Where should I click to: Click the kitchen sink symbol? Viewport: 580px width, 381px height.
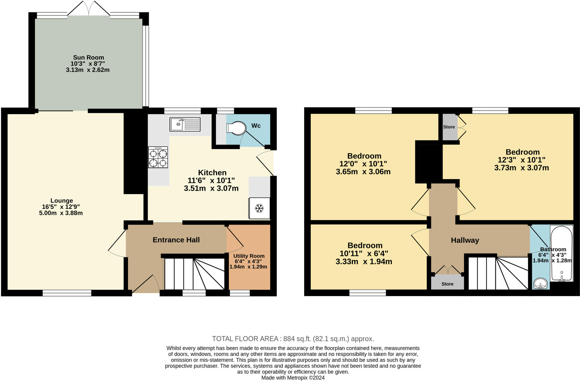(185, 124)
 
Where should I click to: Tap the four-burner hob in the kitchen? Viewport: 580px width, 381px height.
(158, 157)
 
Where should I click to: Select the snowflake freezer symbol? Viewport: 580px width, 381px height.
(259, 208)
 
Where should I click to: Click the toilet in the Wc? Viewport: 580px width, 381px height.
(236, 128)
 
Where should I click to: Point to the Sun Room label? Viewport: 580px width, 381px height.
(88, 58)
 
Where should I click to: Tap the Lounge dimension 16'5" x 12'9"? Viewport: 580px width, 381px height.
(61, 207)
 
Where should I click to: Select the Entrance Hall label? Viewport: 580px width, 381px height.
(176, 240)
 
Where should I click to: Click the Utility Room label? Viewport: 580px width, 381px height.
(249, 256)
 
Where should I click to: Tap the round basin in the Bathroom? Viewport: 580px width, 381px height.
(540, 283)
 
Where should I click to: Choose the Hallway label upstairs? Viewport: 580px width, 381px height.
(465, 240)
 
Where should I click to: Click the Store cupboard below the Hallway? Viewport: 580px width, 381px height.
(447, 284)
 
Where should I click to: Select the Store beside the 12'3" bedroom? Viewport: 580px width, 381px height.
(449, 127)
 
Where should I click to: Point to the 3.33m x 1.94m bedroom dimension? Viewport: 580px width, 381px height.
(364, 261)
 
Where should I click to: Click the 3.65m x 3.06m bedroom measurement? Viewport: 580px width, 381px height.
(363, 172)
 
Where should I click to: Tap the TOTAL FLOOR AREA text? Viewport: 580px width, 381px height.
(293, 339)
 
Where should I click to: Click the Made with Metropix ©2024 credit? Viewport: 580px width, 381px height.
(293, 378)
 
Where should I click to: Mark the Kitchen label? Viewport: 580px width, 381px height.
(212, 173)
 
